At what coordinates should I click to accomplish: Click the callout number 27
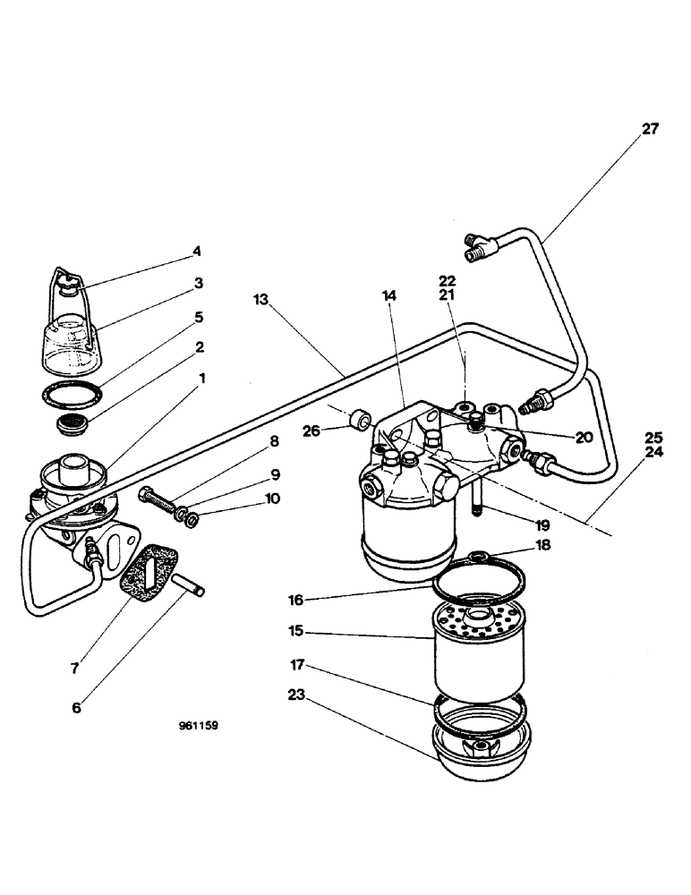pos(649,129)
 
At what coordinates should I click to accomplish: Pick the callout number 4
pos(198,251)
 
